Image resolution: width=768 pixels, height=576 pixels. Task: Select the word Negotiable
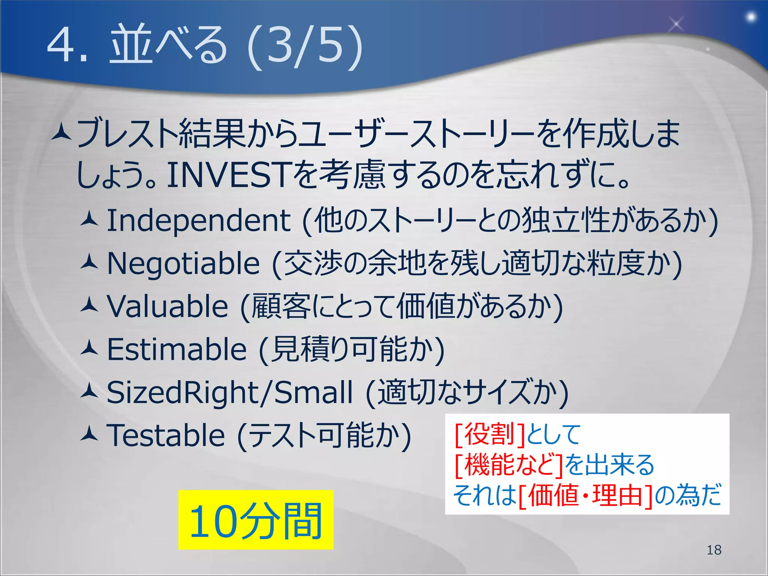click(x=183, y=264)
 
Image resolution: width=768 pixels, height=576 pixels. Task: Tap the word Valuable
click(x=168, y=307)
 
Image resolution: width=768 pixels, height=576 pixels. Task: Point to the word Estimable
click(x=177, y=349)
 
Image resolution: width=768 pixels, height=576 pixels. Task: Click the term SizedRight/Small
click(x=229, y=393)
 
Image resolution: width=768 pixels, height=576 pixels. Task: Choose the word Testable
click(x=166, y=435)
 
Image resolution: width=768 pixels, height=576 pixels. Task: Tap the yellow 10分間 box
click(x=256, y=520)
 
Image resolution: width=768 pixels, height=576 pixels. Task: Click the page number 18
click(x=714, y=550)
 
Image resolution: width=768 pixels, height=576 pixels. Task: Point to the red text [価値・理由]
click(x=586, y=496)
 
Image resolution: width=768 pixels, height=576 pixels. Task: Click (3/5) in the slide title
click(x=304, y=47)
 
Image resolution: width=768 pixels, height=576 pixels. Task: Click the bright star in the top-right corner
click(x=751, y=17)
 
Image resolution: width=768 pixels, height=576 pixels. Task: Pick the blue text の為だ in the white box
click(x=688, y=496)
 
